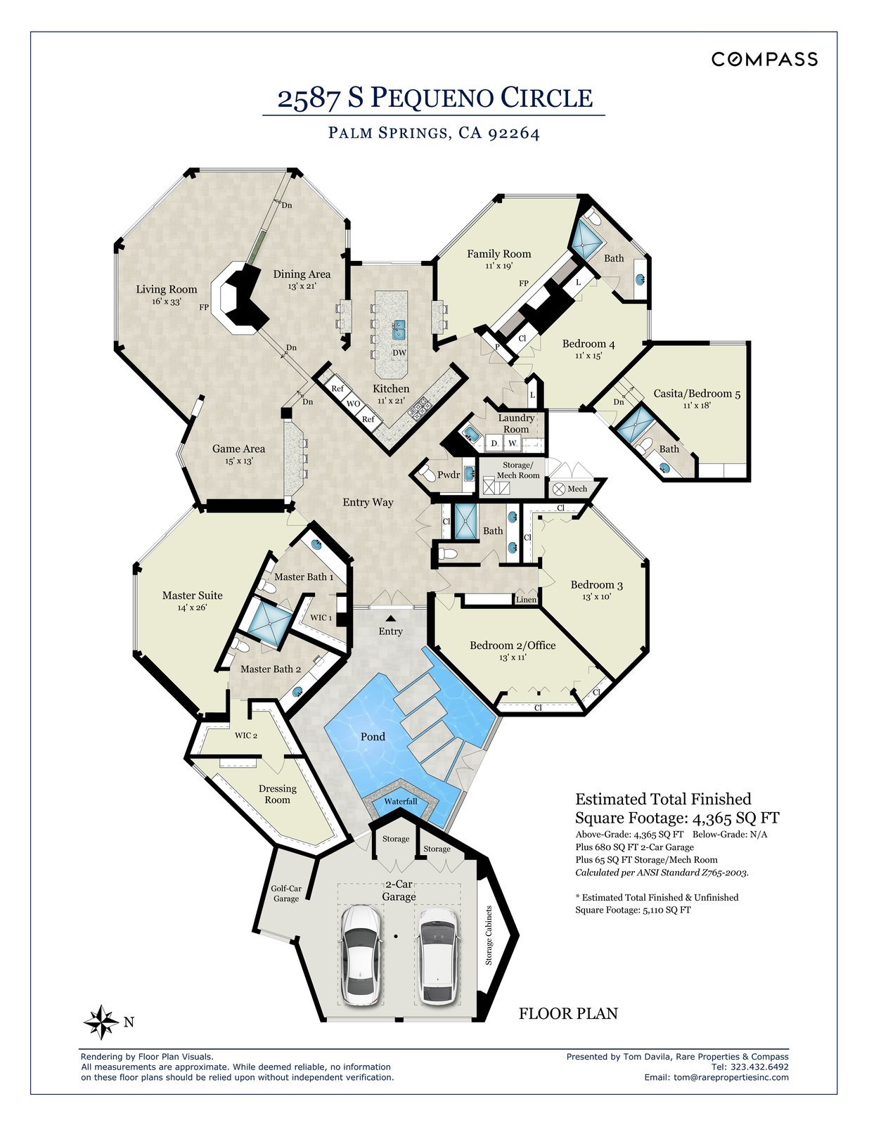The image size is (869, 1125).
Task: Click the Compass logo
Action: click(x=764, y=59)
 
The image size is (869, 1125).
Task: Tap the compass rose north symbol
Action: click(x=102, y=1022)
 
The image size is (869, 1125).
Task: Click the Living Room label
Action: click(x=167, y=290)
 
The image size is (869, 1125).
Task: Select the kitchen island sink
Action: click(x=399, y=329)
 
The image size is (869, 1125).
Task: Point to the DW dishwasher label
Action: click(x=399, y=353)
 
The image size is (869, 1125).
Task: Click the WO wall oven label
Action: click(x=354, y=404)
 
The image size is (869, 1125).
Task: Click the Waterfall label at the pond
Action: click(x=401, y=802)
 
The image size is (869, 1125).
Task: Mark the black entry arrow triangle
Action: click(x=391, y=617)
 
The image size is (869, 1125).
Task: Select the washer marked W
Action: click(x=513, y=443)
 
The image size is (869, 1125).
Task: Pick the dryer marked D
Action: click(x=494, y=443)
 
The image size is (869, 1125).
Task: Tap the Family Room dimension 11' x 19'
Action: click(x=498, y=266)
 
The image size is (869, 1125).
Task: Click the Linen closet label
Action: click(x=527, y=600)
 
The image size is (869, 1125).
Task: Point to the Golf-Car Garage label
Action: click(x=286, y=894)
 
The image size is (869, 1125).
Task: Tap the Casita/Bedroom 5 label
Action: click(x=697, y=394)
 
